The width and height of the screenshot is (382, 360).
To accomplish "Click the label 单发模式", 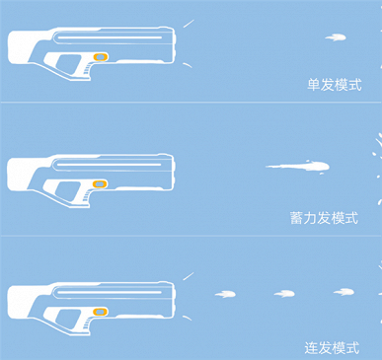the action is [x=335, y=85].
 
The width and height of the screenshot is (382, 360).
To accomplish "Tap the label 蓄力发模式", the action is [x=324, y=218].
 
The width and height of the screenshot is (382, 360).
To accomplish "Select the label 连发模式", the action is [x=332, y=348].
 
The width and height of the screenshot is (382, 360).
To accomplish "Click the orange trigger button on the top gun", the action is [x=101, y=57].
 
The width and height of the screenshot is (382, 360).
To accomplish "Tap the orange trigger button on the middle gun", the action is [x=100, y=183].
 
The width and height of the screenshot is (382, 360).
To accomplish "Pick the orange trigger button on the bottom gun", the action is [x=100, y=312].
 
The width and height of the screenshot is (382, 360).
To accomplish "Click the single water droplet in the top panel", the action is [x=336, y=37].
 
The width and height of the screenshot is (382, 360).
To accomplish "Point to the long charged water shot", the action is [x=298, y=167].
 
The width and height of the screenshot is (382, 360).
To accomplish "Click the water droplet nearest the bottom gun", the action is [x=225, y=294].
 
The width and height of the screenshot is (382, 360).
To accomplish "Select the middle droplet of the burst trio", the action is [x=284, y=294].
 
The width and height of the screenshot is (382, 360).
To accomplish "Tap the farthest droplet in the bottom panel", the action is [x=344, y=292].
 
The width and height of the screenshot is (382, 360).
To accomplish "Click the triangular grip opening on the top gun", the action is [x=68, y=63].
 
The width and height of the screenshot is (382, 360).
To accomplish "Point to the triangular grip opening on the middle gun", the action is [x=66, y=190].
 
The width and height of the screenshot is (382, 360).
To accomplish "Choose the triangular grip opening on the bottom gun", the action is [x=67, y=318].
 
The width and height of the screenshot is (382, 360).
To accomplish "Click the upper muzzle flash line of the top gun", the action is [x=189, y=24].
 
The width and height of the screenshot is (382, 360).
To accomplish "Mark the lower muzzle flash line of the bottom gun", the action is [x=188, y=318].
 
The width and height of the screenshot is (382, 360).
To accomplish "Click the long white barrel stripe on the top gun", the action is [x=110, y=37].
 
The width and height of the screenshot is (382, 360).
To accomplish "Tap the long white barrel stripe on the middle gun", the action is [x=109, y=165].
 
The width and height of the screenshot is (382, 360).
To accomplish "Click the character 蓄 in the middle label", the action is [x=296, y=218].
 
